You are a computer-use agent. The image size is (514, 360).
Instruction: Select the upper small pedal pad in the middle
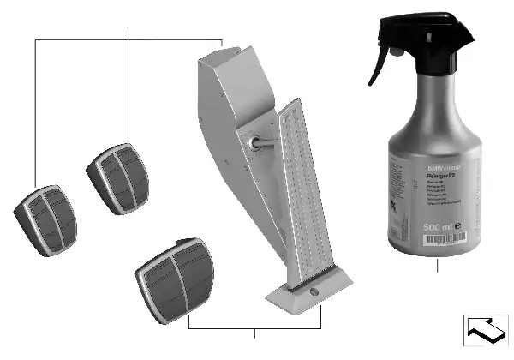117,175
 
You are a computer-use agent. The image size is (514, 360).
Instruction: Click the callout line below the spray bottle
437,265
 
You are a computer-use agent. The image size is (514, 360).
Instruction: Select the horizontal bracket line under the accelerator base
255,329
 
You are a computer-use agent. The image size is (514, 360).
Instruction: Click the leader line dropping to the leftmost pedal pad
35,111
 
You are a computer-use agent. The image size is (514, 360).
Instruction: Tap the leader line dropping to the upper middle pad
128,86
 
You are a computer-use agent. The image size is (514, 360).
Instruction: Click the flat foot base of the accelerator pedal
308,296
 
